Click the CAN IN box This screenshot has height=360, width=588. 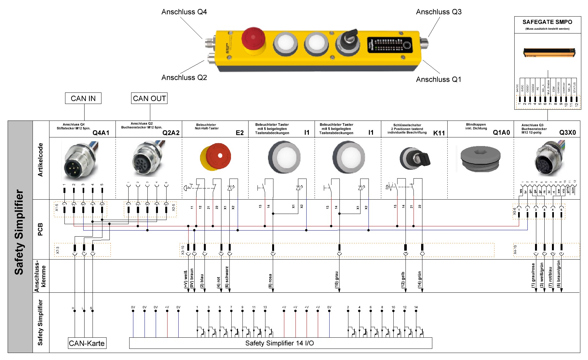(83, 99)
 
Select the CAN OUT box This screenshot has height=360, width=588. (149, 99)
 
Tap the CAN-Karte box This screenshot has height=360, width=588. (87, 343)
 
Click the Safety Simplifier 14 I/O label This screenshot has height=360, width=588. (279, 343)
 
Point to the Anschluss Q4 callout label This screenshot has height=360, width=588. (184, 12)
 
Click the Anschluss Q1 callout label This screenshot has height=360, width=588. (438, 79)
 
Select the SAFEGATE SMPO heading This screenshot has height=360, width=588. (547, 22)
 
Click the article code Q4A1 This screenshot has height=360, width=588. (101, 133)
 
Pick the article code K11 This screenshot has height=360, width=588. (439, 133)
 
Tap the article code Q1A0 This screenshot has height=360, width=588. (501, 133)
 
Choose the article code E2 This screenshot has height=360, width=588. (240, 133)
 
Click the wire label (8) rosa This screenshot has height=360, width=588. (270, 281)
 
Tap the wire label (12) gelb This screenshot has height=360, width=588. (403, 280)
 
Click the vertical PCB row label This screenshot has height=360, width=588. (40, 229)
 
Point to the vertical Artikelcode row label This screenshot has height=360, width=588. (40, 160)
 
